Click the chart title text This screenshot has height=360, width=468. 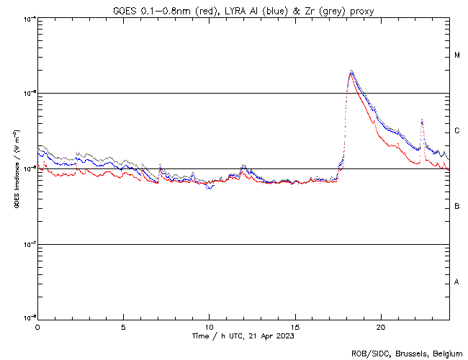coord(243,10)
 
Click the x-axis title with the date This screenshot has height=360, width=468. coord(243,336)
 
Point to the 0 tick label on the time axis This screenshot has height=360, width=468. coord(37,327)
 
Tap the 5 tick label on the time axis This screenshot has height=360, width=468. coord(123,327)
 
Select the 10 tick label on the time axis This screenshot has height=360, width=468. coord(209,327)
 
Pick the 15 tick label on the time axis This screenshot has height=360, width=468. coord(295,327)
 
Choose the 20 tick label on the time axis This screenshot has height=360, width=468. coord(381,327)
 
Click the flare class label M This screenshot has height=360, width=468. coord(457,55)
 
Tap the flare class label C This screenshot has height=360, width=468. coord(457,131)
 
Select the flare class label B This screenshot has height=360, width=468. coord(457,207)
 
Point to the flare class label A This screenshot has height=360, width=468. coord(457,282)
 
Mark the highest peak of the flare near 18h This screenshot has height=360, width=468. coord(351,71)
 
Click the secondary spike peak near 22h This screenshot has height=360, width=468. coord(422,120)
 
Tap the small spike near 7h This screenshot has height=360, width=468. coord(160,165)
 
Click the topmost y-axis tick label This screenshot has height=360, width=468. coord(28,18)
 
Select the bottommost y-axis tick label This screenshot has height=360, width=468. coord(28,318)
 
